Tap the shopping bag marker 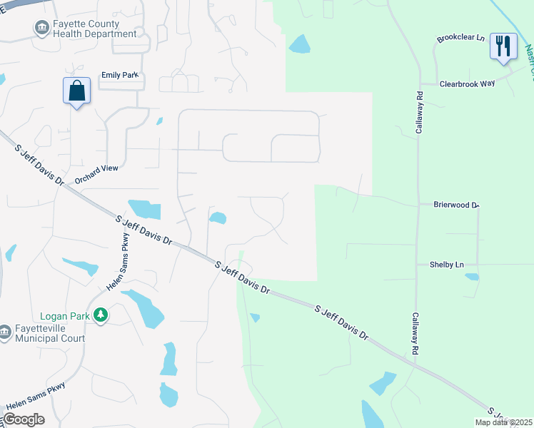(x=76, y=91)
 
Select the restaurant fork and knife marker (x=503, y=46)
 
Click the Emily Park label (x=118, y=75)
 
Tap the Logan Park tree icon (x=101, y=315)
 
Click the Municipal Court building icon (x=6, y=331)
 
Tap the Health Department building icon (x=41, y=28)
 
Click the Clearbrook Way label (x=467, y=83)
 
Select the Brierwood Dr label (x=455, y=205)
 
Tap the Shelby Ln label (x=446, y=265)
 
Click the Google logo (x=24, y=419)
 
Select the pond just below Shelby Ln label (x=472, y=276)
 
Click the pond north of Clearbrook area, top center (x=299, y=44)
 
